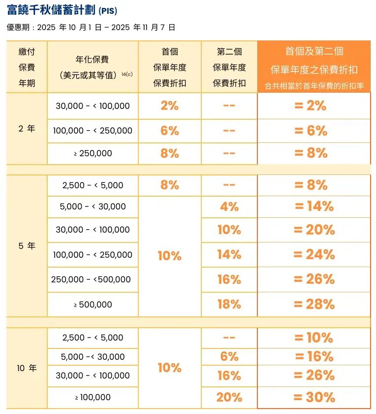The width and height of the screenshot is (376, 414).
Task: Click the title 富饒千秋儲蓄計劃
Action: coord(52,10)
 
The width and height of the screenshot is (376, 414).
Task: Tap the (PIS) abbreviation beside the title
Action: coord(108,11)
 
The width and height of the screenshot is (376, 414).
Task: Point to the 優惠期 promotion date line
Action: coord(91,28)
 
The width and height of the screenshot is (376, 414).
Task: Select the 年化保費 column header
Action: coord(93,67)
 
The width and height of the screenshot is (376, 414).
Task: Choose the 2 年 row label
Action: coord(27,129)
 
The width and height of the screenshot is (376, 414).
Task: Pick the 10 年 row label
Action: coord(27,368)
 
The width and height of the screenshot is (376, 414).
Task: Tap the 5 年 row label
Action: coord(27,245)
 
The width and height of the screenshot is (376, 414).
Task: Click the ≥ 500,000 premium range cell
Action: coord(93,305)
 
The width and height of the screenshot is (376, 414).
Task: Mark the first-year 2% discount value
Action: coord(169,106)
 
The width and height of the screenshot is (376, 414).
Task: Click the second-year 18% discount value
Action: coord(229,305)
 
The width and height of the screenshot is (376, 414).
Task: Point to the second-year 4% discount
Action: coord(229,207)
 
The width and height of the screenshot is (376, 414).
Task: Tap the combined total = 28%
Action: coord(314,305)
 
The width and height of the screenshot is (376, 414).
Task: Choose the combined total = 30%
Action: coord(314,397)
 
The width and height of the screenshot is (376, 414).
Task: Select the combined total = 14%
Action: coord(314,207)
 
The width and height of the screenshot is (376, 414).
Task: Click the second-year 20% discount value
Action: coord(229,397)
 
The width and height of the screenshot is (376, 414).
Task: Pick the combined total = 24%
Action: coord(314,255)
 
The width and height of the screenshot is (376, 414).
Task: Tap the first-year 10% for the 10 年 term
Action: coord(169,368)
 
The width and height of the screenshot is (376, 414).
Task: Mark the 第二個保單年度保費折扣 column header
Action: coord(229,67)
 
